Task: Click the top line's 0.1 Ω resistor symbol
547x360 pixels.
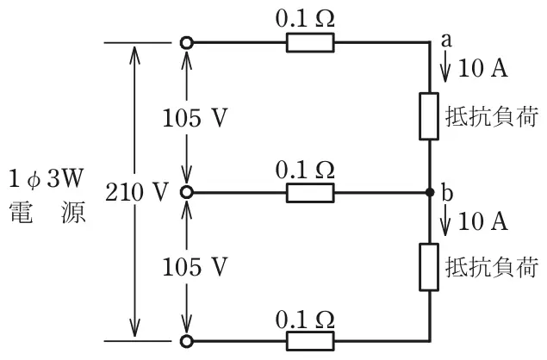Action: pyautogui.click(x=310, y=42)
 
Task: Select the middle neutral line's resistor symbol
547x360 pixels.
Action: pyautogui.click(x=310, y=193)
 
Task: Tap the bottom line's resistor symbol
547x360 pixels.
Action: pyautogui.click(x=310, y=341)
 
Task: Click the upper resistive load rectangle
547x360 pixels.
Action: pyautogui.click(x=429, y=116)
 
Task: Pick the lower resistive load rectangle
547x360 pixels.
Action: pyautogui.click(x=429, y=267)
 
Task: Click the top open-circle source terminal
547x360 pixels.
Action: pyautogui.click(x=187, y=43)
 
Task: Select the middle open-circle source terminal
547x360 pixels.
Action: pyautogui.click(x=187, y=192)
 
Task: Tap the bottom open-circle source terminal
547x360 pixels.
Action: pyautogui.click(x=187, y=342)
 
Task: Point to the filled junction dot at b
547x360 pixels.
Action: pyautogui.click(x=430, y=192)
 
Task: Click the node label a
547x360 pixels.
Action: pyautogui.click(x=446, y=40)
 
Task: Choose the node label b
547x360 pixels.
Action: pyautogui.click(x=447, y=192)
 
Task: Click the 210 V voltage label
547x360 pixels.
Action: pyautogui.click(x=137, y=192)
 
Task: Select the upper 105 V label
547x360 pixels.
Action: pyautogui.click(x=195, y=117)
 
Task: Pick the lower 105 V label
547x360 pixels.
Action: pyautogui.click(x=195, y=267)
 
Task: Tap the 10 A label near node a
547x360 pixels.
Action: pyautogui.click(x=482, y=68)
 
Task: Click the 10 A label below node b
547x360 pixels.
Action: pyautogui.click(x=482, y=220)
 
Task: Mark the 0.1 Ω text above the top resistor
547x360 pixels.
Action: pyautogui.click(x=305, y=18)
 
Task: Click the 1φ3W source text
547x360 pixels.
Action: pyautogui.click(x=47, y=178)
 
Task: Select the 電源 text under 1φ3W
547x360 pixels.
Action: pyautogui.click(x=47, y=212)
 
